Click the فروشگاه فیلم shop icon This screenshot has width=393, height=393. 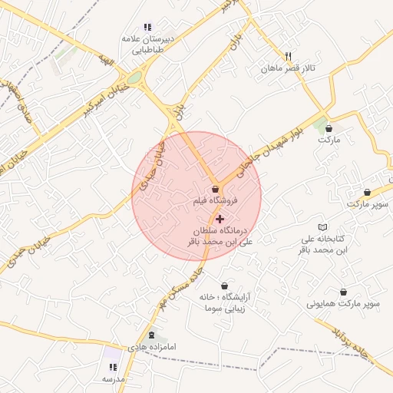point(216,188)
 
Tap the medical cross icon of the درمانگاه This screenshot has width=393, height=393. point(220,219)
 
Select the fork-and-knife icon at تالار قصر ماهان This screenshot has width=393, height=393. point(289,56)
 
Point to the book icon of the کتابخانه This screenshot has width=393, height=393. point(323,228)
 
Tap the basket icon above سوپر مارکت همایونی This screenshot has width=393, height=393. point(342,292)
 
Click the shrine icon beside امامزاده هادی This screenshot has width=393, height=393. point(150,335)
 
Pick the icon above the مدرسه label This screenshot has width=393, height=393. point(114,368)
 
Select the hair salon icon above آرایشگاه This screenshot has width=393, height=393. point(224,285)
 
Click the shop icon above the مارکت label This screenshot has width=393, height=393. point(329,128)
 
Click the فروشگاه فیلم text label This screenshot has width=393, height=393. point(216,200)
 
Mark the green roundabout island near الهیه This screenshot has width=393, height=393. point(134,78)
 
